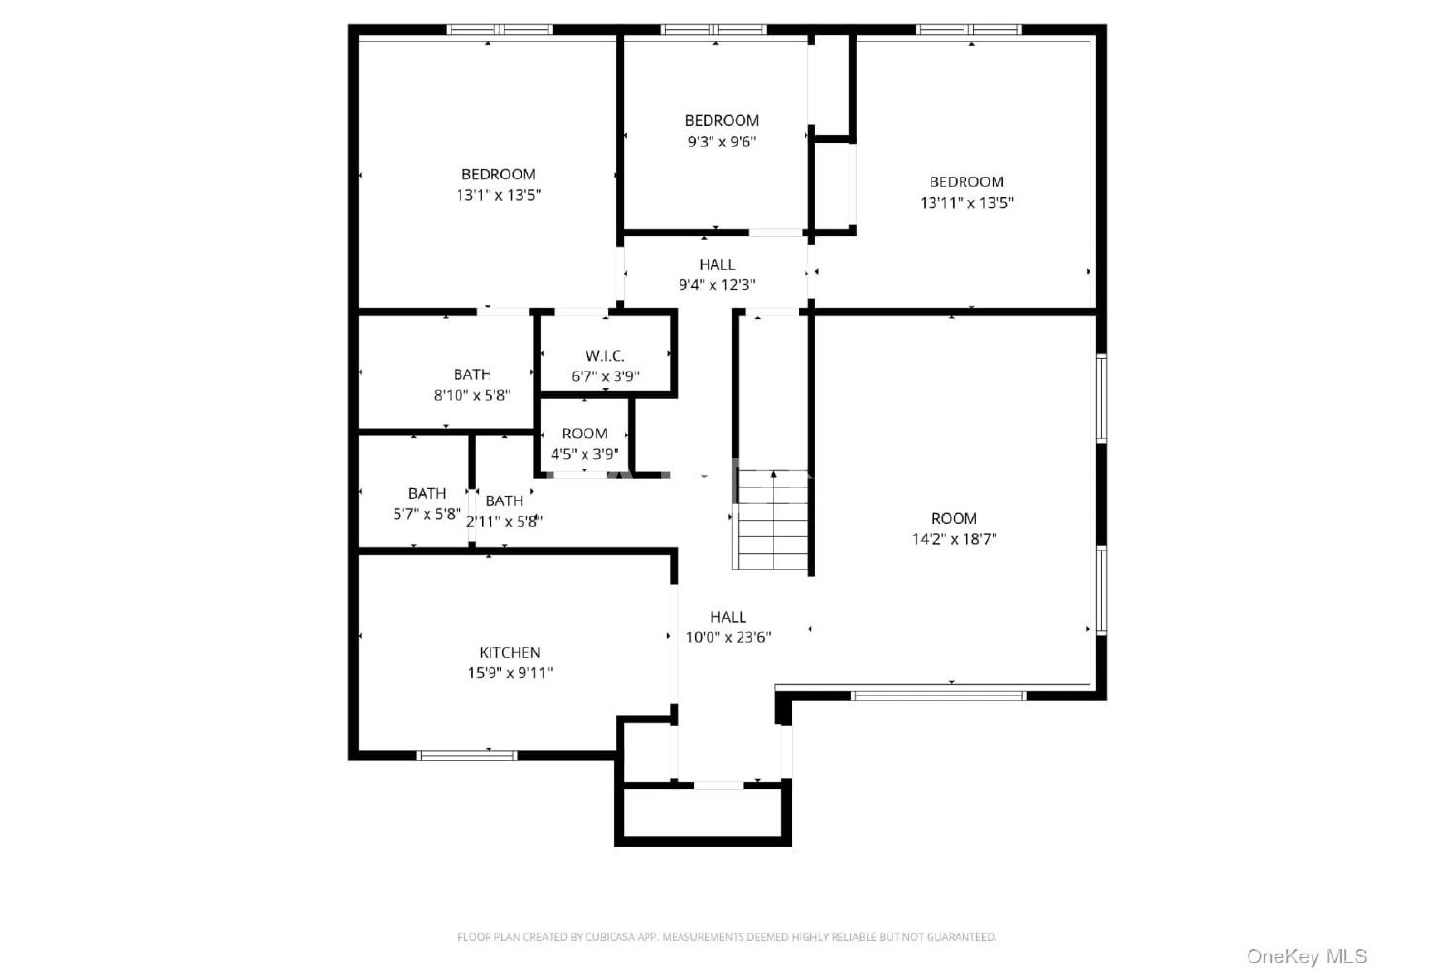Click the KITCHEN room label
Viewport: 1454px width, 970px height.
click(x=510, y=652)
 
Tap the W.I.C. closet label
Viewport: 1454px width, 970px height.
click(x=605, y=356)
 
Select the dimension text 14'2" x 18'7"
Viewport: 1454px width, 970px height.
click(x=954, y=539)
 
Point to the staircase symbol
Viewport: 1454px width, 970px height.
click(x=772, y=520)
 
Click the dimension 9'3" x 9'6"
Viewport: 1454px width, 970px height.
click(x=722, y=142)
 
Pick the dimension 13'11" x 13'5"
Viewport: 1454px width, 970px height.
click(x=966, y=203)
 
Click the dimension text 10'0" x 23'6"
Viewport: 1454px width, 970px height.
click(x=728, y=638)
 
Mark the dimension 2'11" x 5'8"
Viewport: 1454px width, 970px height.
click(x=504, y=522)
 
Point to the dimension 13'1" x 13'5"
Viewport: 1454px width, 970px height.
click(x=498, y=195)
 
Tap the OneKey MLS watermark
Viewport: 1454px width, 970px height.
click(x=1307, y=956)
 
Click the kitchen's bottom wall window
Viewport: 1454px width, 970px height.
click(x=466, y=755)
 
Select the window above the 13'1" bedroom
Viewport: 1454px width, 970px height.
click(x=499, y=29)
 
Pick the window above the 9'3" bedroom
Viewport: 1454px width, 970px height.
click(x=713, y=29)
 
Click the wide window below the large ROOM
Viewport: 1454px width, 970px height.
click(x=938, y=695)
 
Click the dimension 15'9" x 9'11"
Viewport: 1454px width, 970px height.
click(x=510, y=673)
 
